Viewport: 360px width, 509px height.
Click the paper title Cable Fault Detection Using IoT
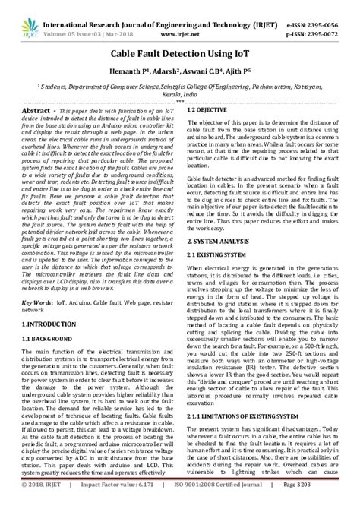pos(180,55)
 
